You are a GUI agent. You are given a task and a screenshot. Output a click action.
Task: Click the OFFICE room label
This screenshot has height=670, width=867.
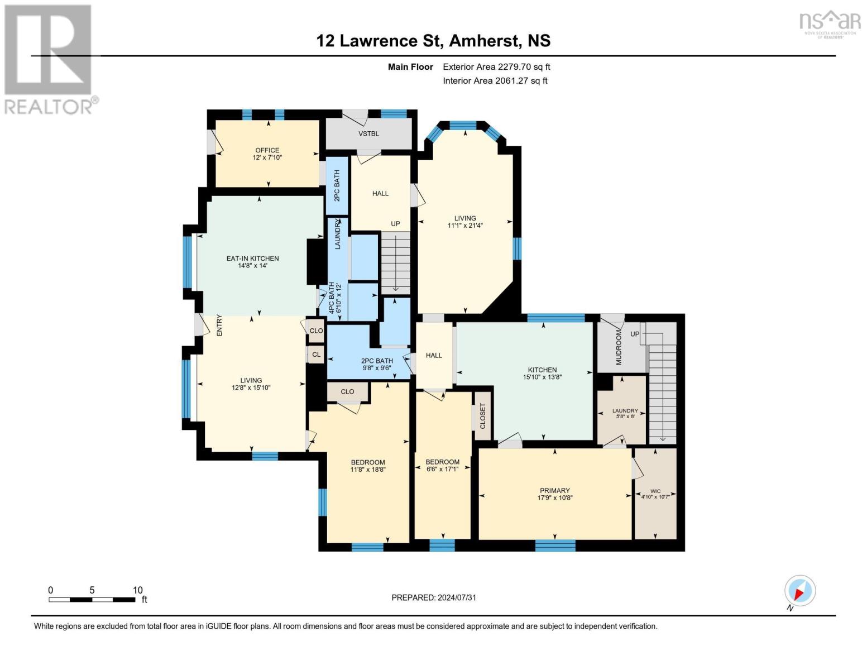267,150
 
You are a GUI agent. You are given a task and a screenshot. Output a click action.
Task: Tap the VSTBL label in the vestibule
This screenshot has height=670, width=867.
368,133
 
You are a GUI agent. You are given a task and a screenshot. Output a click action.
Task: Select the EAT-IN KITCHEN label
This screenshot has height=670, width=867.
252,259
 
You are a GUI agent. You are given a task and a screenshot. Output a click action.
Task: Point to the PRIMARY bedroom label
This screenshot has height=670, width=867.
555,491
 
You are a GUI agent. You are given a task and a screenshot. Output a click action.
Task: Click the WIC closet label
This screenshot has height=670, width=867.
655,491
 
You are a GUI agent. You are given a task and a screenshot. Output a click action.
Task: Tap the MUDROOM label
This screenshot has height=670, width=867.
619,347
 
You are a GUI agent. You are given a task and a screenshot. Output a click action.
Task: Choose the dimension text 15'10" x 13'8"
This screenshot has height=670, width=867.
542,377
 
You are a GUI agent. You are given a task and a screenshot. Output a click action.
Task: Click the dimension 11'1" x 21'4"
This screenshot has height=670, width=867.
465,226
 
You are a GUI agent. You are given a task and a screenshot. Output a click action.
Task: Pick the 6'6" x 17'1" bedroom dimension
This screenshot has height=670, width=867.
443,470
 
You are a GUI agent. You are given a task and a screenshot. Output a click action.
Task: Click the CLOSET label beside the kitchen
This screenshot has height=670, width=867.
483,416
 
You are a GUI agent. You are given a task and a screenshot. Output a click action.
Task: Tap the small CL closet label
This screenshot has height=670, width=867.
317,355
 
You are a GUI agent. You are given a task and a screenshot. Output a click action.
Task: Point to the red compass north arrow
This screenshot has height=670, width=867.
799,594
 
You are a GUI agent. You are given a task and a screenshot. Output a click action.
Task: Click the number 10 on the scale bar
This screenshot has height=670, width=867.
138,590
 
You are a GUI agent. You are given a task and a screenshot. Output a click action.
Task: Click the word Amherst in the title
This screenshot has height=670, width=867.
485,41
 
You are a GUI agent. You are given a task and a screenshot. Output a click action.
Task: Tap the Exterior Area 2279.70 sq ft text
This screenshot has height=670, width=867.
496,66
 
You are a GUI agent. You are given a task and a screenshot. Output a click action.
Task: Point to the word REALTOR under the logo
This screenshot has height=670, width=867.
49,107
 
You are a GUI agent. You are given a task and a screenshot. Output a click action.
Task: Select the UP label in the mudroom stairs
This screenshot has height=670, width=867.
635,334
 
